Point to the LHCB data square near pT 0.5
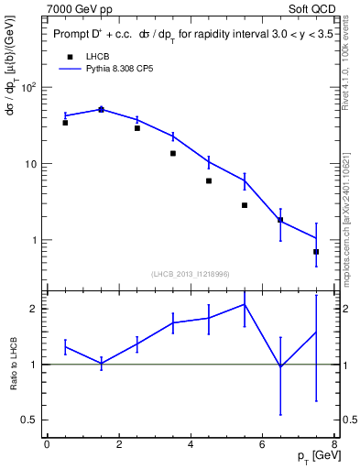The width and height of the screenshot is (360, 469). tap(65, 122)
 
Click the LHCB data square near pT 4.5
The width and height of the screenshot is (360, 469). tap(209, 180)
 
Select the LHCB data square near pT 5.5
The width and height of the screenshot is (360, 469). tap(245, 205)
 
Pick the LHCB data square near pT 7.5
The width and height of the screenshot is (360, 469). tap(316, 251)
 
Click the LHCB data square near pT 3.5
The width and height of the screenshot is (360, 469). tap(173, 153)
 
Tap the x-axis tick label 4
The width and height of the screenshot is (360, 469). tap(191, 445)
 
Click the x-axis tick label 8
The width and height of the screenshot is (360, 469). tap(334, 445)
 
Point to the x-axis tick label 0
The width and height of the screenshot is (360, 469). tap(47, 445)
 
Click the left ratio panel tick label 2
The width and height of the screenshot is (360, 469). tap(32, 309)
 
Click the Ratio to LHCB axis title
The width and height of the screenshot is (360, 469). tap(13, 364)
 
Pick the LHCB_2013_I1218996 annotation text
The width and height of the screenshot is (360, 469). tap(190, 273)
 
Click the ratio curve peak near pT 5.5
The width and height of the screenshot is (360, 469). tap(245, 304)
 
